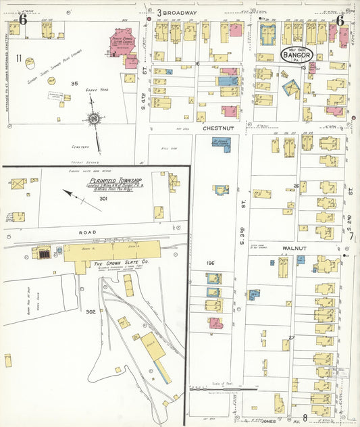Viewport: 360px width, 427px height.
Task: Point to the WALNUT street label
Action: (294, 248)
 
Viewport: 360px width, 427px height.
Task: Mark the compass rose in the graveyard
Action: (95, 120)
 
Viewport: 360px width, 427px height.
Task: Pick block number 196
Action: (210, 262)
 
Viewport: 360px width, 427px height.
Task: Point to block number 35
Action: (74, 83)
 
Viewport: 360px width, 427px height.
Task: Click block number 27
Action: (292, 337)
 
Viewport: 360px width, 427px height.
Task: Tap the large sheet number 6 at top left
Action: (23, 20)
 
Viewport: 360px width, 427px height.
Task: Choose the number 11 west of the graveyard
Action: (20, 57)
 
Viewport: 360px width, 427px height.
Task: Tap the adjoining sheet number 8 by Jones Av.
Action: (305, 418)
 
